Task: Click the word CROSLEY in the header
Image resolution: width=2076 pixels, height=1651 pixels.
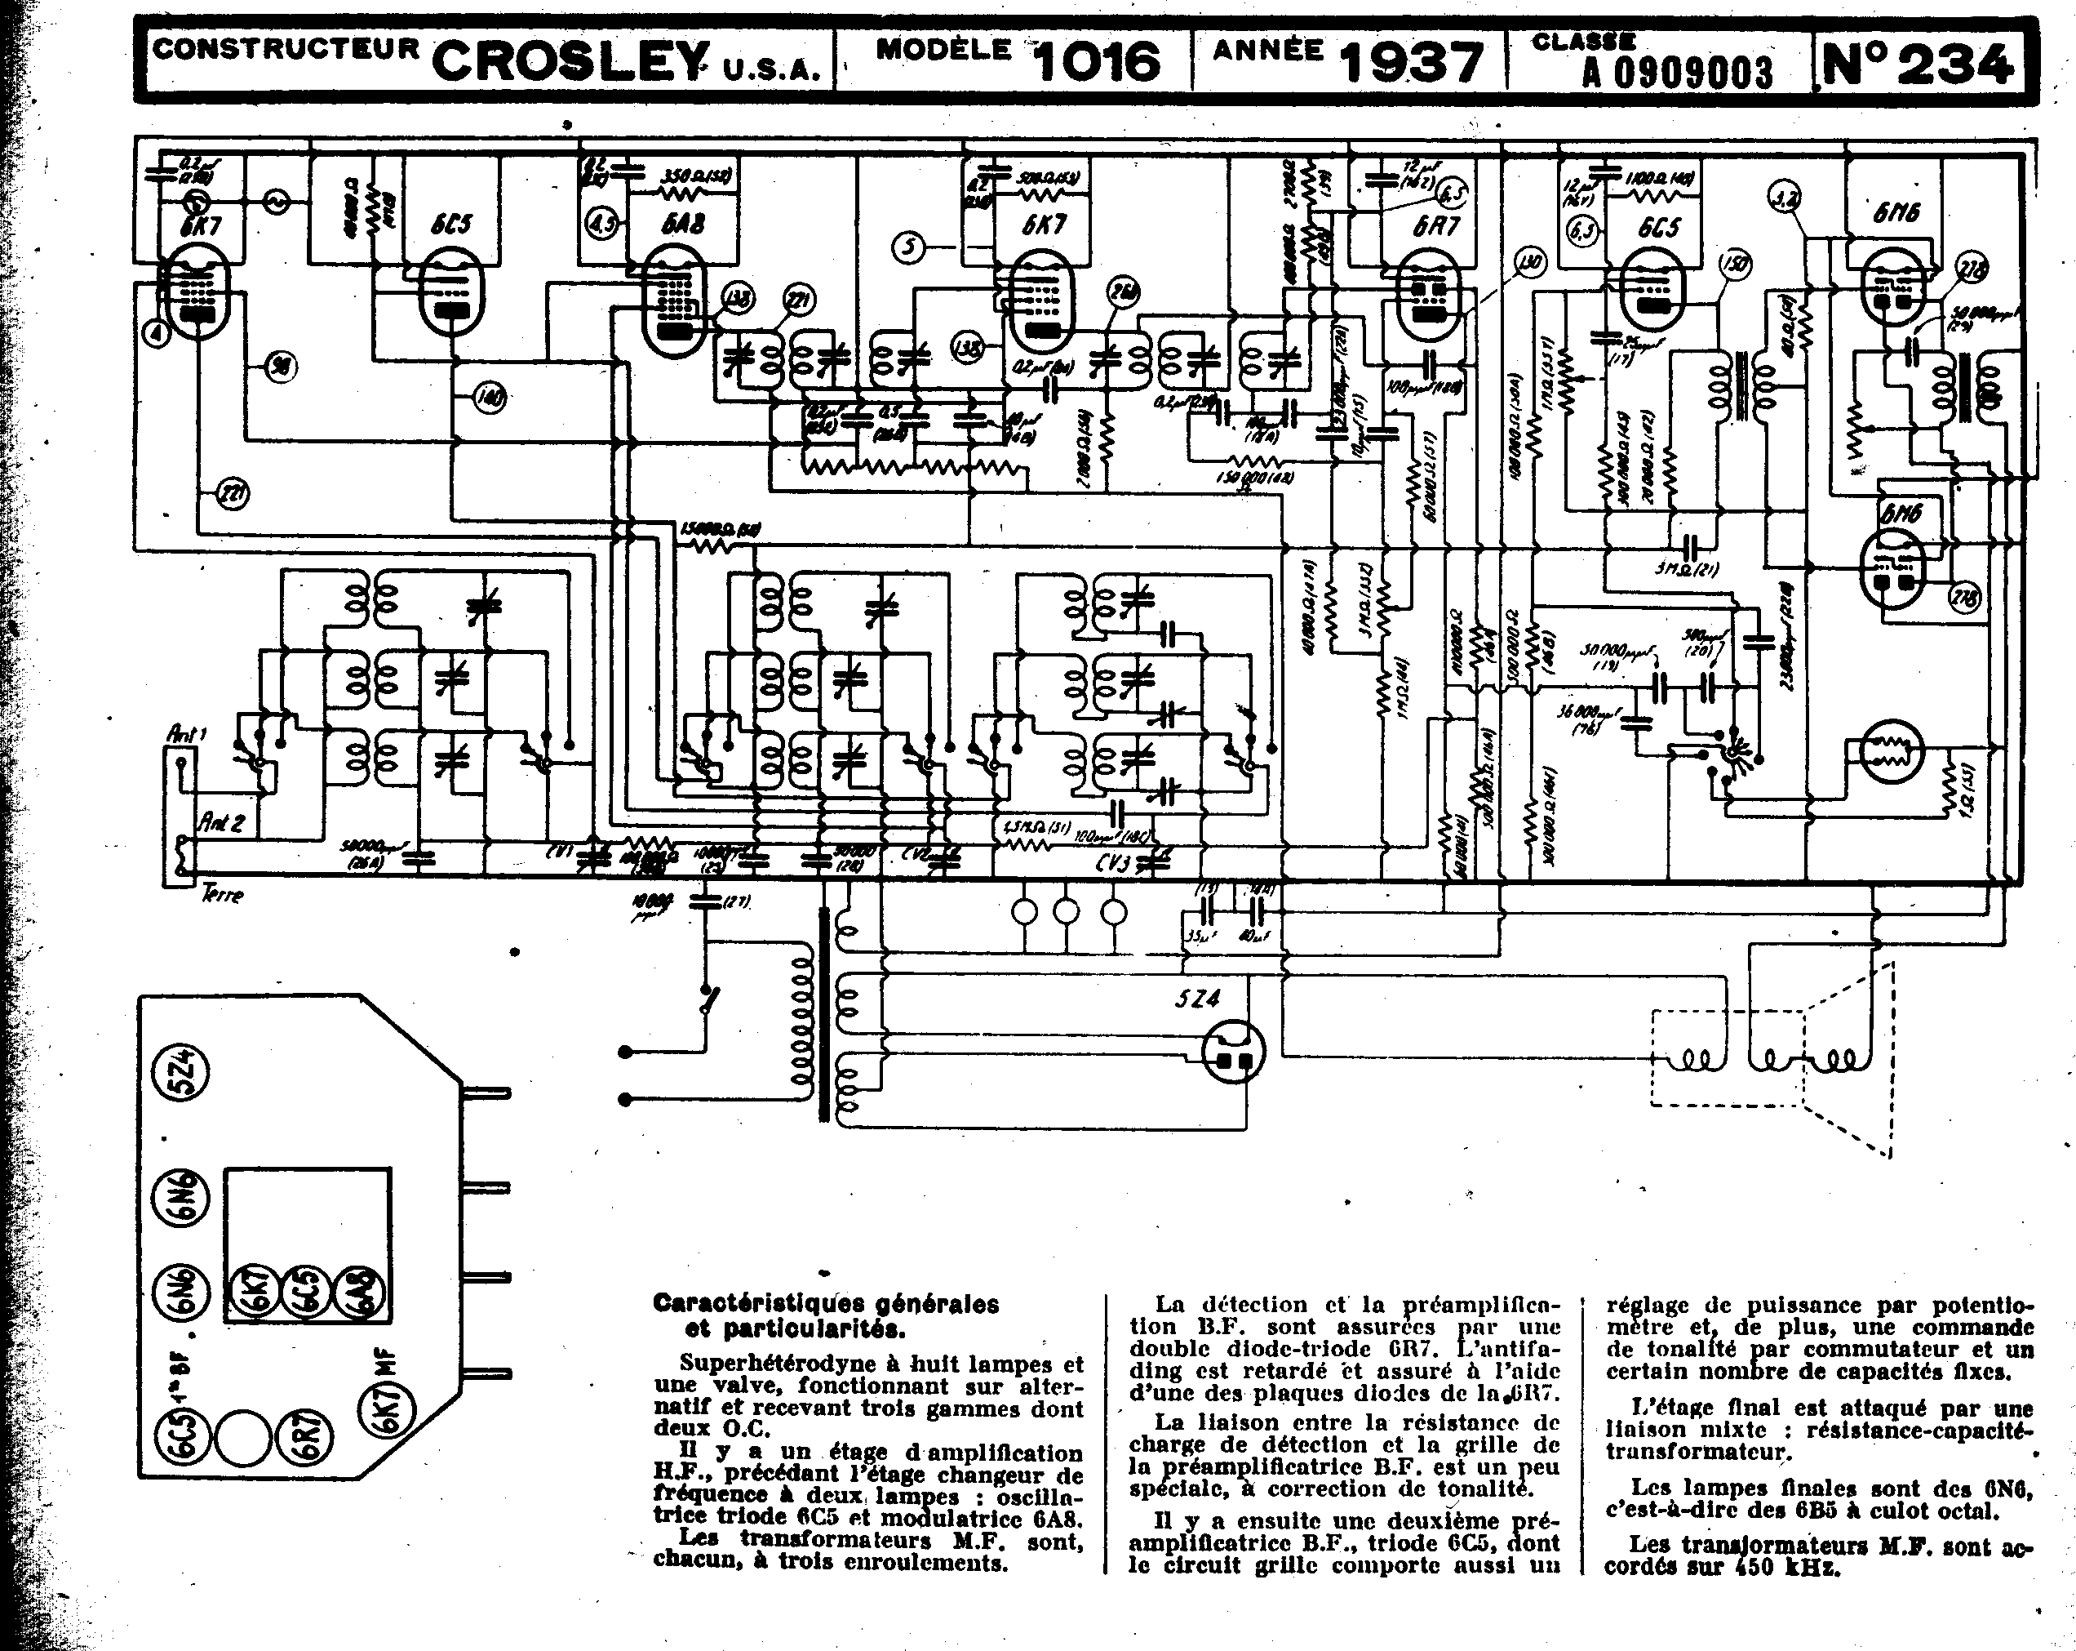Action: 570,63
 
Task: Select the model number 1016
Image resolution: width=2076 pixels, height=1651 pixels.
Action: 1097,63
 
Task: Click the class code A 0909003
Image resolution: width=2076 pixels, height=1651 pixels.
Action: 1676,72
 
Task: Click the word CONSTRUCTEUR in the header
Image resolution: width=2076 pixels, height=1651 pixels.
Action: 285,50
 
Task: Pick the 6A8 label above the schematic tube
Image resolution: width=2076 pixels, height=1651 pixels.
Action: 683,225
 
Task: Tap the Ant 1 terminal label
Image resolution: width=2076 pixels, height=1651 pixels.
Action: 187,735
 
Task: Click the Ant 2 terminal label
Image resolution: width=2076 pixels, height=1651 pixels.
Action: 221,822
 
